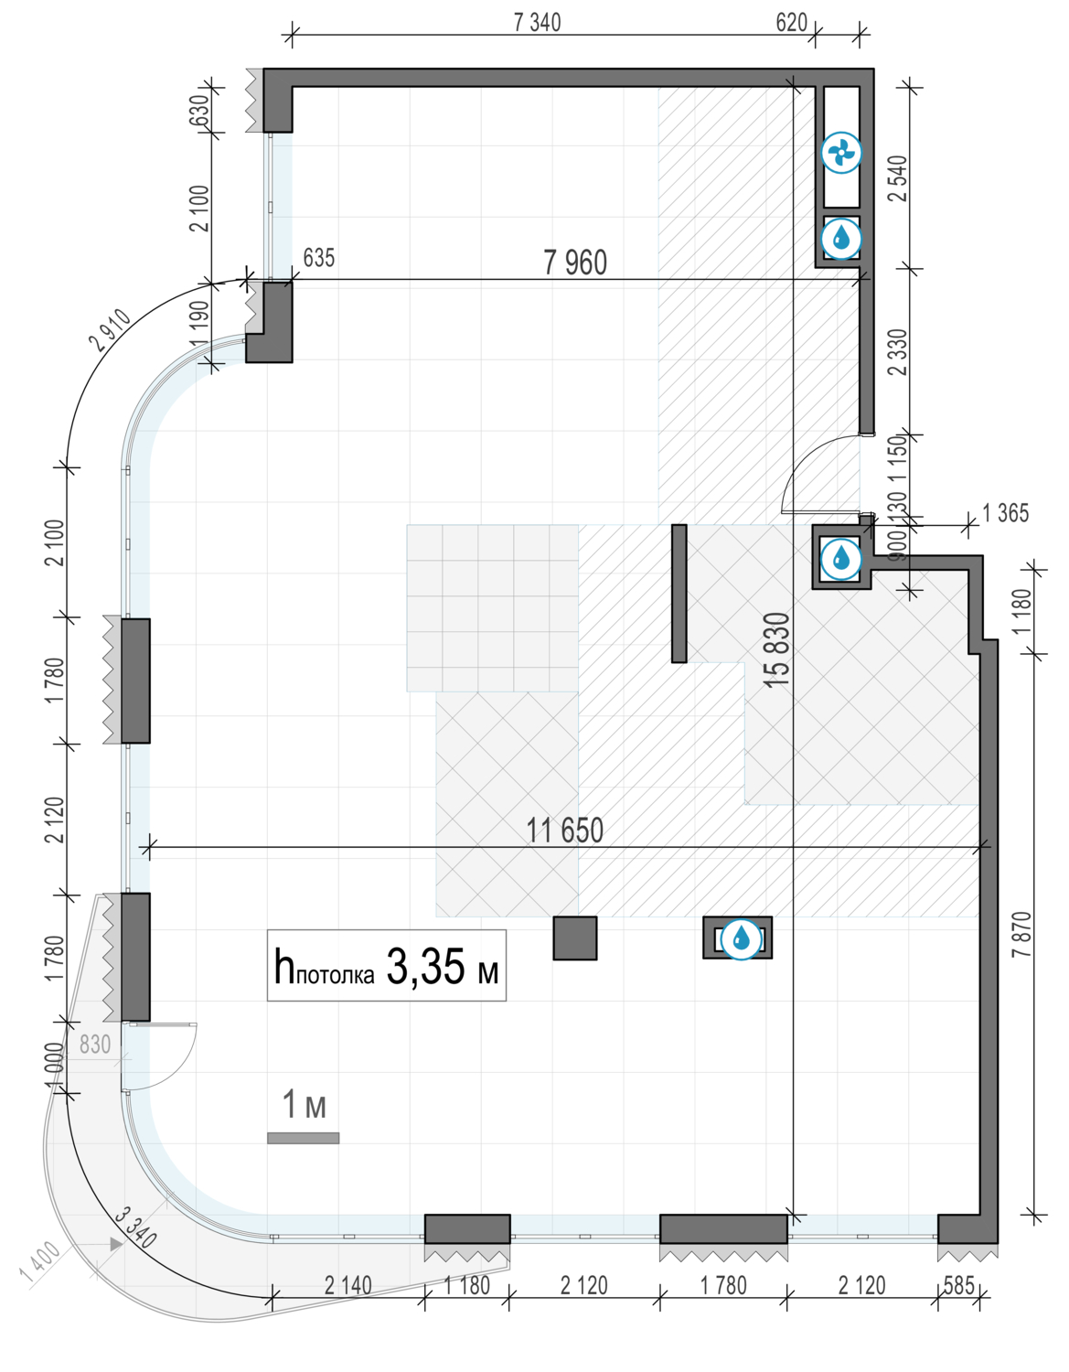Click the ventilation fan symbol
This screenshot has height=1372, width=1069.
(x=840, y=153)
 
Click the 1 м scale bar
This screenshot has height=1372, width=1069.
(x=303, y=1138)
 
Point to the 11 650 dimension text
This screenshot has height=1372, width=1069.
(x=564, y=831)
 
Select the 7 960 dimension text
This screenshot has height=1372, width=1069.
(x=575, y=263)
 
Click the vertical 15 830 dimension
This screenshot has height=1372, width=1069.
(x=776, y=649)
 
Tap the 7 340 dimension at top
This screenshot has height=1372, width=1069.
(x=537, y=22)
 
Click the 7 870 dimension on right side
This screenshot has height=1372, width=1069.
(x=1021, y=934)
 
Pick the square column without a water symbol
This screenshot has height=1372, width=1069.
(x=575, y=938)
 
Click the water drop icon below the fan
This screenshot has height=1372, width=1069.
(x=840, y=239)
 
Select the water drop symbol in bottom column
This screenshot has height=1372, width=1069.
(x=741, y=938)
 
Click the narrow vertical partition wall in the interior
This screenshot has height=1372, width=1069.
(x=679, y=593)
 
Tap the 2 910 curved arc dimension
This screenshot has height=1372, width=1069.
(x=111, y=331)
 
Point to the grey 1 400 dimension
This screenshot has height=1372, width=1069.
(x=41, y=1264)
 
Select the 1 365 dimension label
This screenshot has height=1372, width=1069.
(x=1005, y=513)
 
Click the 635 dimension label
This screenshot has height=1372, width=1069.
(x=318, y=258)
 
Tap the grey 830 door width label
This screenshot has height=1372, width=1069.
(x=95, y=1045)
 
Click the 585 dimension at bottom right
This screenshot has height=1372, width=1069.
(x=958, y=1285)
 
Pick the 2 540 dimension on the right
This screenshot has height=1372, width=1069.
(x=898, y=178)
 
